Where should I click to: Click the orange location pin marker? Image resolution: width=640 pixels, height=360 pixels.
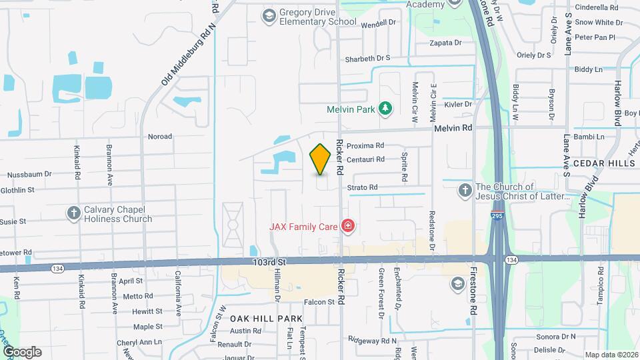(321, 159)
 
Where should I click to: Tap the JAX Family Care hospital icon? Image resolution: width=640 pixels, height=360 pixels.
(347, 227)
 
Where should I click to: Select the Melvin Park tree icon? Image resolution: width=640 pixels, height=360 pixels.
(384, 109)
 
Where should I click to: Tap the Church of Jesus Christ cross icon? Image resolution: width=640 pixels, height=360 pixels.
(465, 191)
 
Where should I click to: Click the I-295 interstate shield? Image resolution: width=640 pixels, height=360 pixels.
(497, 217)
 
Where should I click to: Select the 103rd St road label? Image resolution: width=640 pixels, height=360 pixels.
(269, 263)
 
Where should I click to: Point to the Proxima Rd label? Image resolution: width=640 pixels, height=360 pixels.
(365, 145)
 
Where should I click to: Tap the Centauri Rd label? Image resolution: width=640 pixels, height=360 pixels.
(365, 159)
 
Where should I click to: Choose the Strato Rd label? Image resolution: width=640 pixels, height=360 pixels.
(362, 187)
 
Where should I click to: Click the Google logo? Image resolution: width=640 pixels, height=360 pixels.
(21, 351)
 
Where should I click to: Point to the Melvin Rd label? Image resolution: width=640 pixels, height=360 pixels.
(453, 127)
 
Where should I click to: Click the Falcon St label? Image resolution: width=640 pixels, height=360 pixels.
(319, 302)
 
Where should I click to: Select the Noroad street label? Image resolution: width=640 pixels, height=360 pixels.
(160, 136)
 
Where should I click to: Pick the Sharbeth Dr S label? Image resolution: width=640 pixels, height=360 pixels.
(367, 58)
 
